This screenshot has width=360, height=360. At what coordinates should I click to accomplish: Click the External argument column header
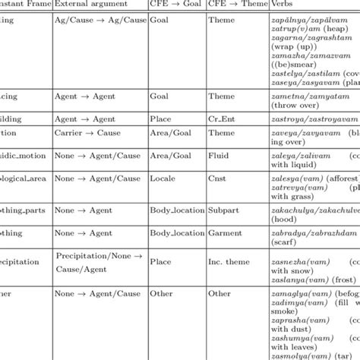click(x=87, y=5)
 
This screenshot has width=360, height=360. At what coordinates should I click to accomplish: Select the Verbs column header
click(x=282, y=5)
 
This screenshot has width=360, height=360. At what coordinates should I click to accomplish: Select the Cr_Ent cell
click(x=222, y=119)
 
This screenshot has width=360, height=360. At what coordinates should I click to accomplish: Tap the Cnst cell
click(x=218, y=178)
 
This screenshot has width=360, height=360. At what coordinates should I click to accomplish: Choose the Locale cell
click(x=163, y=178)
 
